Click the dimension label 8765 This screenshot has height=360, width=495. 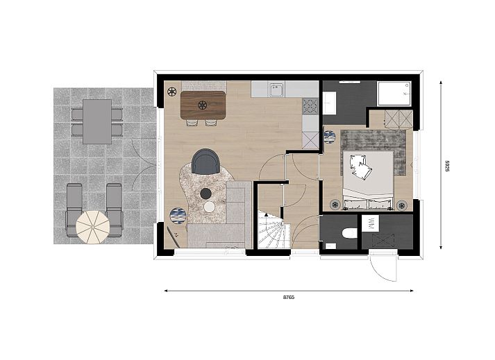click(289, 297)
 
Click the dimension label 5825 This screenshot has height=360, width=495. click(447, 166)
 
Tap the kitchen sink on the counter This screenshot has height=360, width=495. click(277, 89)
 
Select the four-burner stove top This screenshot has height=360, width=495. click(310, 106)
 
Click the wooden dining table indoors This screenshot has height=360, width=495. click(203, 105)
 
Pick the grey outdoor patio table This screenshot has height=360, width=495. click(97, 121)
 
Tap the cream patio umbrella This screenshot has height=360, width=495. click(93, 228)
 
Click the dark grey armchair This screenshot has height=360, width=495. click(205, 161)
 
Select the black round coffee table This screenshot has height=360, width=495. click(205, 194)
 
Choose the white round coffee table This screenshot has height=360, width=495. click(209, 207)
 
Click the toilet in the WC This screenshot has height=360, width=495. click(349, 233)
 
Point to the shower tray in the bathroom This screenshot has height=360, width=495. click(394, 94)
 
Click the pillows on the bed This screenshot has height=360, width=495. click(360, 166)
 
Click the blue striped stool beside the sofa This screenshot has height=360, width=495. click(178, 216)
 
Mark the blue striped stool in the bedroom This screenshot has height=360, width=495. click(330, 137)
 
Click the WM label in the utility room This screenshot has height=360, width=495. click(371, 223)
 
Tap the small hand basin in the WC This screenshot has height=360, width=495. click(330, 246)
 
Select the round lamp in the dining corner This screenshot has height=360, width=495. click(171, 92)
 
